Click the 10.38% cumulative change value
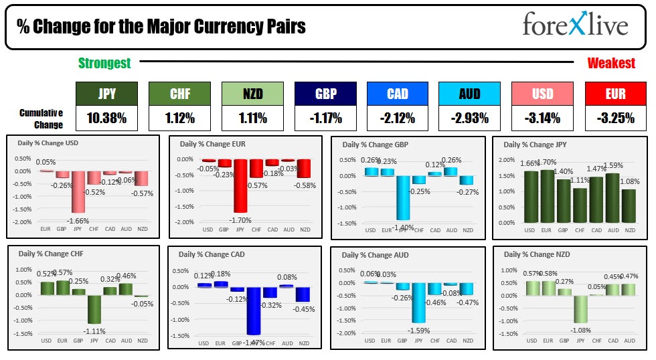106,119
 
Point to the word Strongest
104,64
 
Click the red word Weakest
611,64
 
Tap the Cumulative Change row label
42,119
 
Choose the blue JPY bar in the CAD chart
254,310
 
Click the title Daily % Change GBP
376,145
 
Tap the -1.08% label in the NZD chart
581,330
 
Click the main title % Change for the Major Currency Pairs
161,26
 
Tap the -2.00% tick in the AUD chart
347,333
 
